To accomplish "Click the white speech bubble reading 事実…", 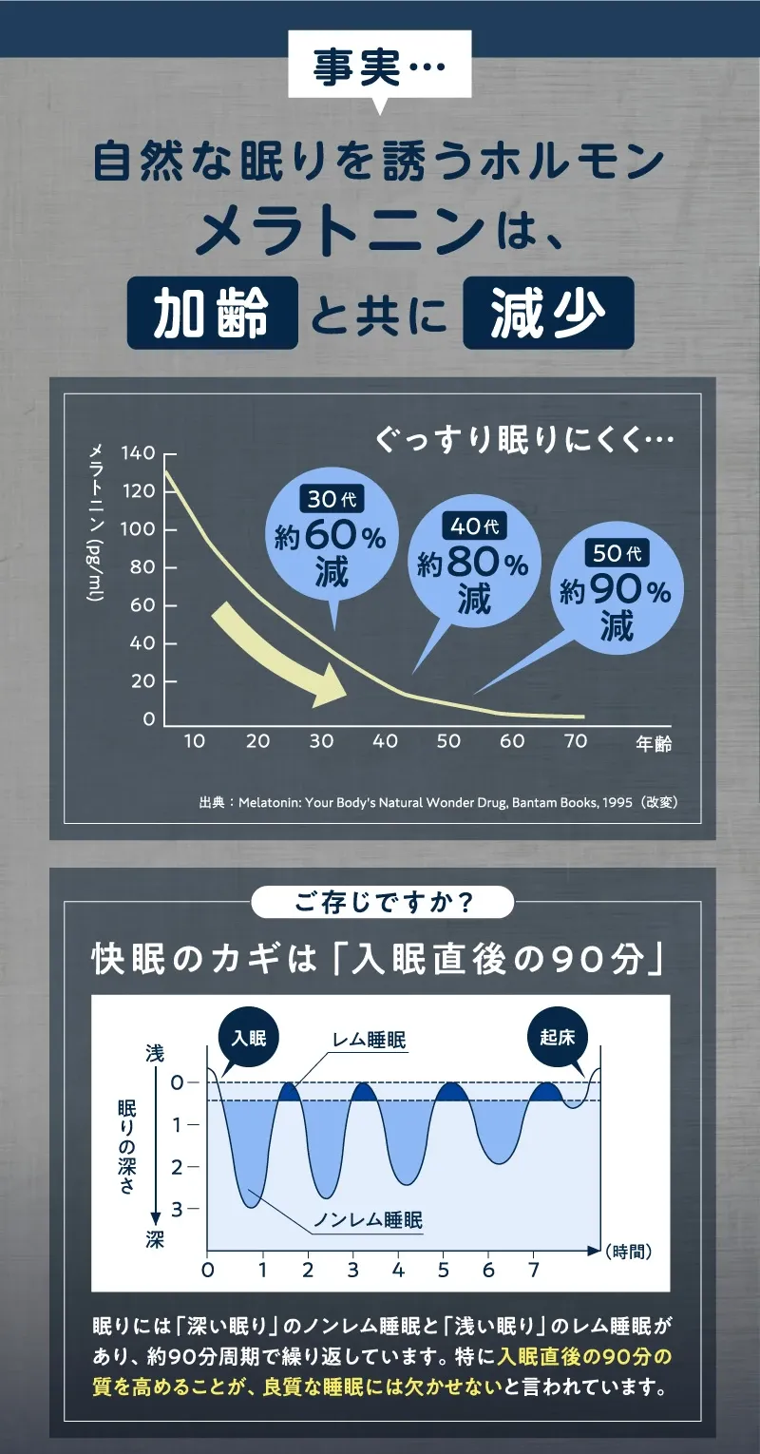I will click(x=379, y=67).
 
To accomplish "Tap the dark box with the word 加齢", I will click(x=213, y=313).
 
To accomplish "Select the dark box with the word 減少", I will click(x=548, y=313).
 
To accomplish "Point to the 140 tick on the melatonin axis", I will click(x=138, y=453).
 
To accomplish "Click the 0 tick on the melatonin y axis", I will click(x=148, y=719).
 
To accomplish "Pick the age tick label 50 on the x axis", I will click(x=448, y=741).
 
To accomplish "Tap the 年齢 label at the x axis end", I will click(x=654, y=743).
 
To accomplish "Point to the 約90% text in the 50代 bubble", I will click(x=615, y=591).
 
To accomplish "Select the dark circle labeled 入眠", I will click(x=248, y=1037).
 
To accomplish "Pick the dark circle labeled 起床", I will click(x=558, y=1037).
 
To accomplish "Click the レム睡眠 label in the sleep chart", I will click(x=369, y=1041).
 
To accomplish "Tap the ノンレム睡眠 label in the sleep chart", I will click(x=368, y=1220).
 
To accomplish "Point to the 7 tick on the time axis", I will click(x=534, y=1271).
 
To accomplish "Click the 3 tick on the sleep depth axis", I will click(x=178, y=1209).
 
